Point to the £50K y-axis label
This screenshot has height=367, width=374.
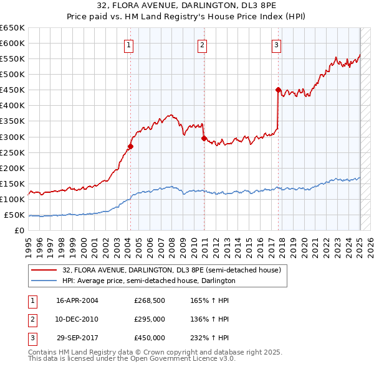click(14, 215)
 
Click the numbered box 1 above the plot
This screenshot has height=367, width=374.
click(128, 44)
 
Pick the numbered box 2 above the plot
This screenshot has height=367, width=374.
click(203, 44)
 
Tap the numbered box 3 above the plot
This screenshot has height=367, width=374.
click(276, 44)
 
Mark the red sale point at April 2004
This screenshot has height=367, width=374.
click(130, 147)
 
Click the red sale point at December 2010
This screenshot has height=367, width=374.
click(204, 138)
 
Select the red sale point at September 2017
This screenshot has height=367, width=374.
click(278, 90)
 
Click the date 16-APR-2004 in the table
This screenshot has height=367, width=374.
click(77, 300)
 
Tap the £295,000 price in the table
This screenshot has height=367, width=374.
click(150, 319)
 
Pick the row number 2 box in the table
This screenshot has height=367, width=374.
click(31, 319)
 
